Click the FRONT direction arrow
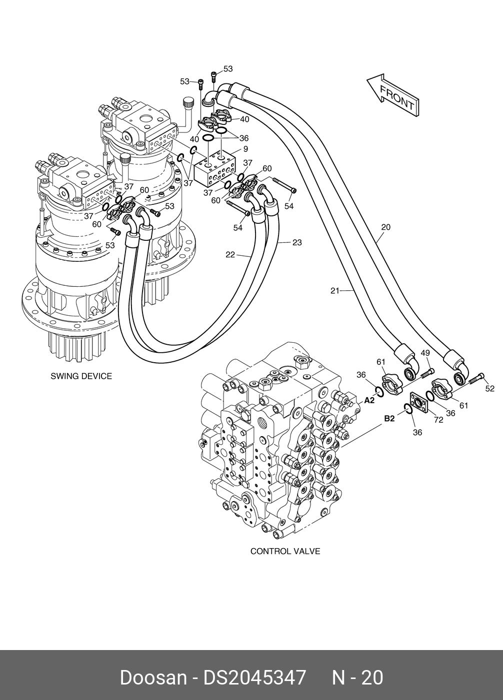pyautogui.click(x=393, y=96)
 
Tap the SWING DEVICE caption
pyautogui.click(x=81, y=376)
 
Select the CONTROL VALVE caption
pyautogui.click(x=285, y=551)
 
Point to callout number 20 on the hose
pyautogui.click(x=385, y=227)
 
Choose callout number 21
pyautogui.click(x=335, y=291)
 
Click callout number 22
pyautogui.click(x=230, y=255)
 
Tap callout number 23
pyautogui.click(x=297, y=242)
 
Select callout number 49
pyautogui.click(x=425, y=353)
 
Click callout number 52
pyautogui.click(x=490, y=388)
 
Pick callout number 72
pyautogui.click(x=439, y=420)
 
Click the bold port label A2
pyautogui.click(x=369, y=400)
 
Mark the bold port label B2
pyautogui.click(x=389, y=418)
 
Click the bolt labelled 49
pyautogui.click(x=428, y=373)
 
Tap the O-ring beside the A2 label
pyautogui.click(x=379, y=392)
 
